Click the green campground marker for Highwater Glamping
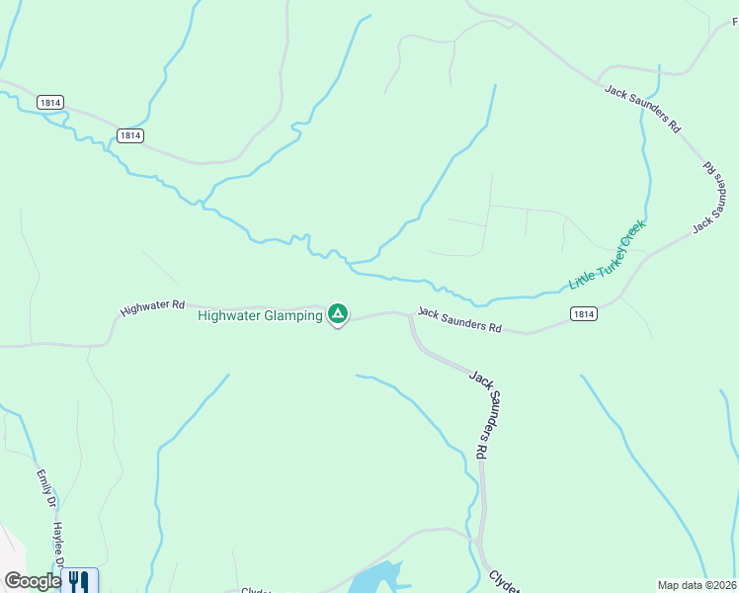coord(338,314)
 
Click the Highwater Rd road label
coord(152,307)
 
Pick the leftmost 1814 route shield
coord(50,102)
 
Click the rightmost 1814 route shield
coord(584,313)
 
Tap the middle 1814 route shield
coord(129,135)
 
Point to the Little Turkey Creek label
coord(607,255)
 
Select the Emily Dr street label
coord(44,487)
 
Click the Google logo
coord(32,581)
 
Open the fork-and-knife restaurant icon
coord(79,581)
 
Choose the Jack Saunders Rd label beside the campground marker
coord(459,319)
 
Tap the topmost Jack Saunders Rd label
coord(643,109)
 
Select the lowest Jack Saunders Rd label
coord(480,412)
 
